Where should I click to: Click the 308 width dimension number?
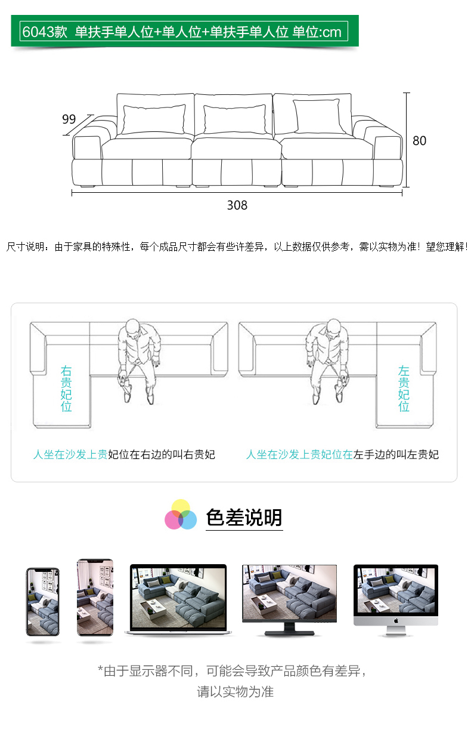pyautogui.click(x=237, y=205)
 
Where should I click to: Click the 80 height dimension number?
pyautogui.click(x=419, y=141)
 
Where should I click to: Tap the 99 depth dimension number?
pyautogui.click(x=69, y=119)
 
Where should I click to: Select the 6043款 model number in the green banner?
pyautogui.click(x=45, y=32)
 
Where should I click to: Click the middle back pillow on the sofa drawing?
pyautogui.click(x=235, y=119)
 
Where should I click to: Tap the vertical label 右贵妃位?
pyautogui.click(x=66, y=389)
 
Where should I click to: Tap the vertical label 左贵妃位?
pyautogui.click(x=404, y=389)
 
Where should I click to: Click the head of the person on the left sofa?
pyautogui.click(x=132, y=328)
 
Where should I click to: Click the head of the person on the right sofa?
pyautogui.click(x=333, y=328)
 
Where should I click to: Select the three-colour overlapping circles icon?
pyautogui.click(x=181, y=515)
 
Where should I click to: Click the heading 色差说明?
pyautogui.click(x=244, y=518)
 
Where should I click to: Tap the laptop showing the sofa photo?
pyautogui.click(x=178, y=599)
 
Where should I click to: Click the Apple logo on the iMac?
pyautogui.click(x=396, y=621)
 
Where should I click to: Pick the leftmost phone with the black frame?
pyautogui.click(x=43, y=602)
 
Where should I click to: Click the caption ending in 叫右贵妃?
pyautogui.click(x=124, y=454)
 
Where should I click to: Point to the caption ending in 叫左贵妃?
pyautogui.click(x=342, y=454)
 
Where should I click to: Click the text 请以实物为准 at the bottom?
pyautogui.click(x=235, y=692)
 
